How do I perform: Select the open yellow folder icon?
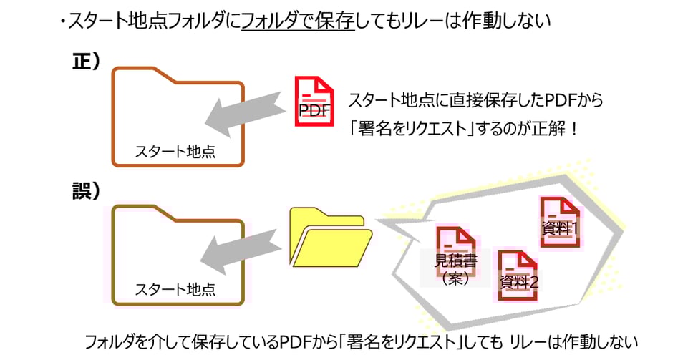[x=330, y=238]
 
